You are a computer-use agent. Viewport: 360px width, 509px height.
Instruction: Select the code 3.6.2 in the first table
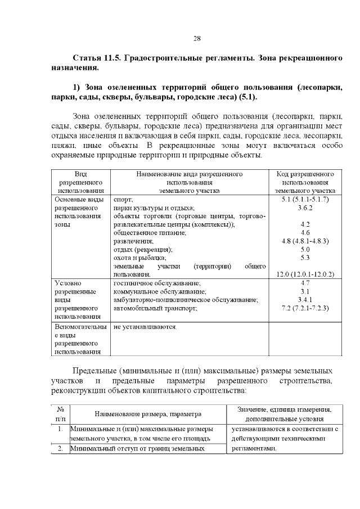click(x=305, y=208)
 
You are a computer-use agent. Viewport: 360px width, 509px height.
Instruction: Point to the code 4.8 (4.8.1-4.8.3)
click(x=305, y=241)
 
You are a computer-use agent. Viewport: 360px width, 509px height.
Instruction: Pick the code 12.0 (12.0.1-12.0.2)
click(x=305, y=274)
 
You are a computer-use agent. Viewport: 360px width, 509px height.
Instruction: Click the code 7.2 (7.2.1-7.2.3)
click(x=305, y=308)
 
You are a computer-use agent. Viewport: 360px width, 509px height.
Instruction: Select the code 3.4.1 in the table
click(x=305, y=300)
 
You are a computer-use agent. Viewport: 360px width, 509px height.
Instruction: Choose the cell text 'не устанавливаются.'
click(x=145, y=326)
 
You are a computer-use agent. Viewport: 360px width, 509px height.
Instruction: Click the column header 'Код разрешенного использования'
click(x=305, y=182)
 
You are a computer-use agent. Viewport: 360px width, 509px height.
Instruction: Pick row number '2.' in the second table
click(x=60, y=448)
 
